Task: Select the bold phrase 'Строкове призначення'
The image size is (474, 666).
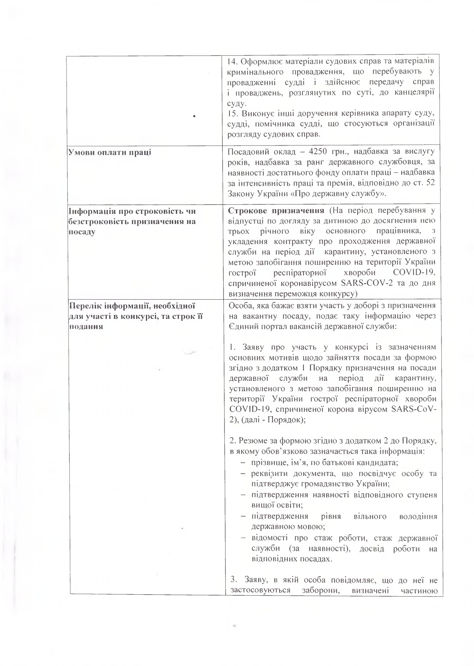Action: (276, 211)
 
